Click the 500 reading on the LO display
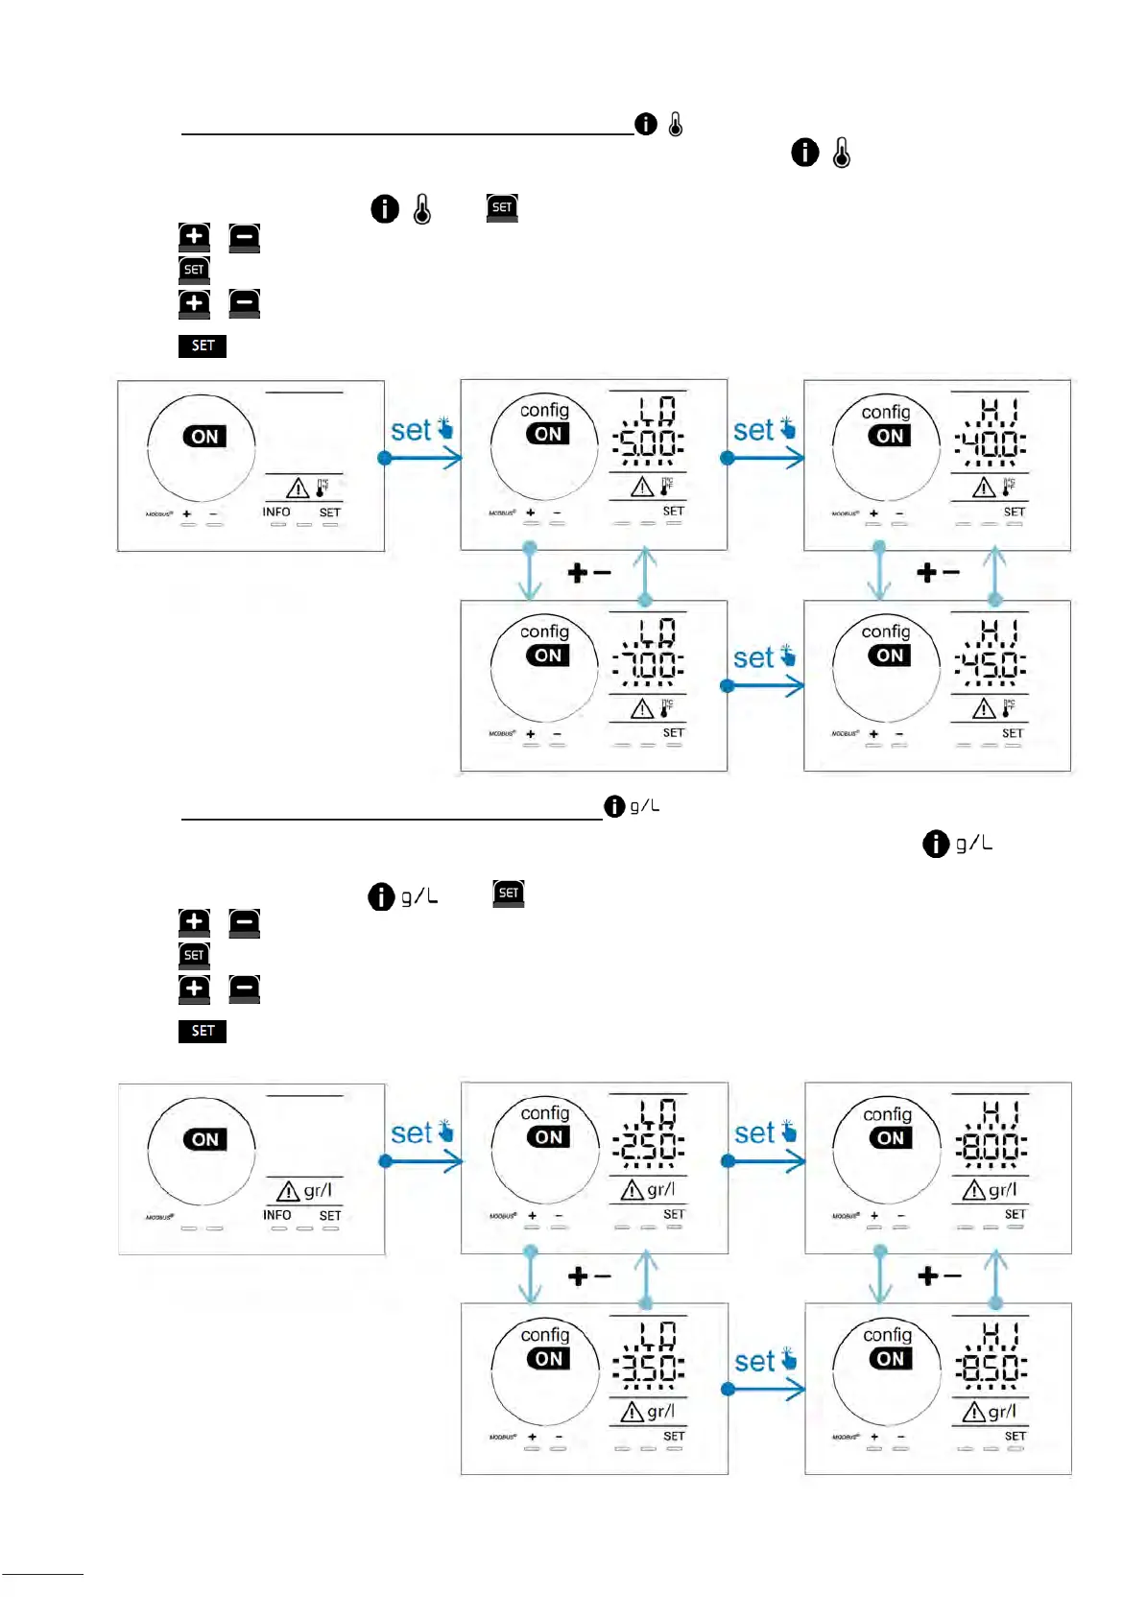coord(649,442)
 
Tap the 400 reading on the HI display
coord(991,442)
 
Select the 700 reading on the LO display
coord(649,663)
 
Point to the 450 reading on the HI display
coord(991,663)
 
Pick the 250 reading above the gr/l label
coord(649,1146)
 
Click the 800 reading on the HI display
coord(992,1146)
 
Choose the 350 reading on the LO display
coord(649,1367)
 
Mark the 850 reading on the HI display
coord(992,1367)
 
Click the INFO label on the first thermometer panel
coord(276,512)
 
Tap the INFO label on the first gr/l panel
coord(277,1215)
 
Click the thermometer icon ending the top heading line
coord(676,124)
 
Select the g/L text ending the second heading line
coord(644,806)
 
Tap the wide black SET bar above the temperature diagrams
coord(203,345)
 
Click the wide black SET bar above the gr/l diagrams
coord(203,1031)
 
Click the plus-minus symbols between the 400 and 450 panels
coord(938,573)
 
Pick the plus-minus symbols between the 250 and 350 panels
coord(589,1276)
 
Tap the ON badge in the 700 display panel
coord(548,655)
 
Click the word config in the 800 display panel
coord(887,1114)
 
